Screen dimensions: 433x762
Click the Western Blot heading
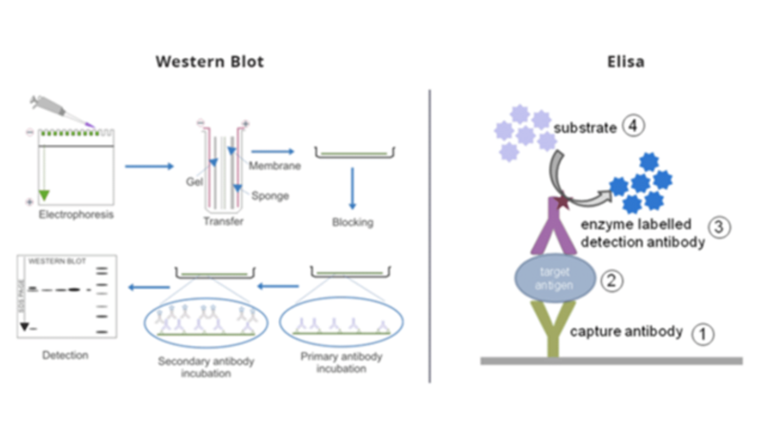pyautogui.click(x=210, y=62)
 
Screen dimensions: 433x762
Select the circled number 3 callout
pyautogui.click(x=720, y=228)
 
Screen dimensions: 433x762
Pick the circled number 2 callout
pyautogui.click(x=612, y=280)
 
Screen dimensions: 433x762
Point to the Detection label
pyautogui.click(x=67, y=356)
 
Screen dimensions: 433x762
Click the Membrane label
pyautogui.click(x=276, y=166)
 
